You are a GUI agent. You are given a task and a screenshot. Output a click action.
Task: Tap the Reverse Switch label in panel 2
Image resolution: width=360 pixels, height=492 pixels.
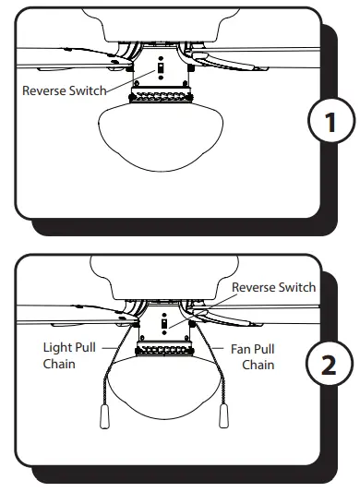[x=273, y=287]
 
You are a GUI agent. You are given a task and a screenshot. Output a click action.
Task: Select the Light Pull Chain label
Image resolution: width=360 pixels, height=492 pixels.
[x=67, y=356]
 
